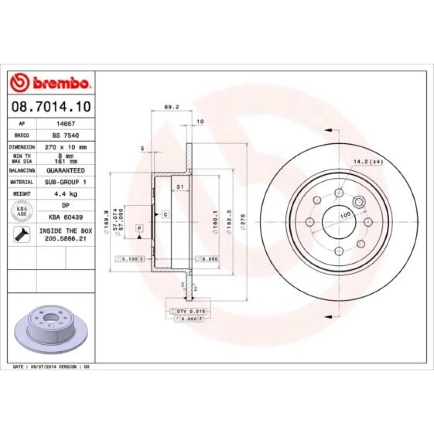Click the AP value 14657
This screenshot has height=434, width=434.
65,123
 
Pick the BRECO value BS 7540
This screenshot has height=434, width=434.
65,136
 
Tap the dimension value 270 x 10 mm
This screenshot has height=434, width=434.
65,147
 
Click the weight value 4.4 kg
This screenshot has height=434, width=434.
65,194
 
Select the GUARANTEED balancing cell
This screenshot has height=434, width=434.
65,171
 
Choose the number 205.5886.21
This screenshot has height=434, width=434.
66,239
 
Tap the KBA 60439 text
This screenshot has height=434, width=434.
65,217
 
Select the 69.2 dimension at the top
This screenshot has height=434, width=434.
169,107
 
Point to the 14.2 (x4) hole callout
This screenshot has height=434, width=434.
368,162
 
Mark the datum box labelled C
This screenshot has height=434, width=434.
165,214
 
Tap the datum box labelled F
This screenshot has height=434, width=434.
139,228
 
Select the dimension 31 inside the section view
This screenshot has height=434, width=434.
180,186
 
